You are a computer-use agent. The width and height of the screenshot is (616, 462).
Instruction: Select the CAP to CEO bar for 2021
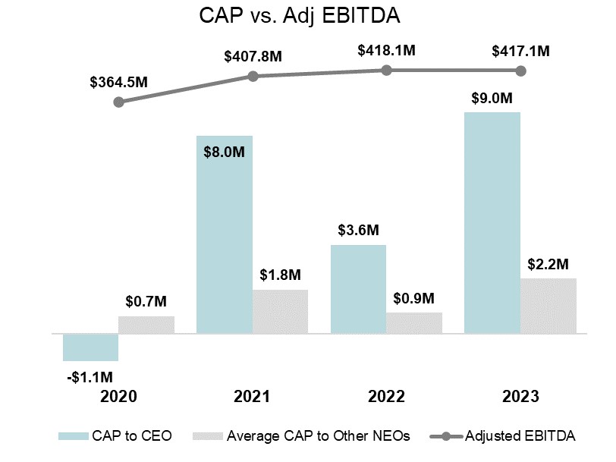(225, 234)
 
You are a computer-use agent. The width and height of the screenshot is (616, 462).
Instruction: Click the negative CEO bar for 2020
(90, 347)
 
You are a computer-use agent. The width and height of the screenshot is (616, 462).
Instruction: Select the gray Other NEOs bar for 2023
(548, 306)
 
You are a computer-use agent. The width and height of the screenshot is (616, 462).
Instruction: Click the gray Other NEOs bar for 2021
(280, 311)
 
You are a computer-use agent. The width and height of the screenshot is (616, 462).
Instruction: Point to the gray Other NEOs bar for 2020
(146, 325)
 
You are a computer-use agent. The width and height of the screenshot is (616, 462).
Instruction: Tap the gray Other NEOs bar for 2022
(414, 322)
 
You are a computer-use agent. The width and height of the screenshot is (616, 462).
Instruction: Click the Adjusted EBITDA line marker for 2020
(118, 101)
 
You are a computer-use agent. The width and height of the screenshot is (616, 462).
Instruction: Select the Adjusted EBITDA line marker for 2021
(253, 76)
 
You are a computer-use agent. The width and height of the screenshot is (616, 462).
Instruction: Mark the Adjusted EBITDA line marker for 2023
(520, 71)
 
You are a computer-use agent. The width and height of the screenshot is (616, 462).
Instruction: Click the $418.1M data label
(386, 51)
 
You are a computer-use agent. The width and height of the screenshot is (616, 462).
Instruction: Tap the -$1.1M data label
(90, 376)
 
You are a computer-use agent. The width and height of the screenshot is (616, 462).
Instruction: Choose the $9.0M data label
(492, 98)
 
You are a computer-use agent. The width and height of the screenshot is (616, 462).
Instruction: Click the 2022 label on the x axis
(386, 397)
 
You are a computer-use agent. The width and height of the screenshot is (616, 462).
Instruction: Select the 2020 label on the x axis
(118, 397)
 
